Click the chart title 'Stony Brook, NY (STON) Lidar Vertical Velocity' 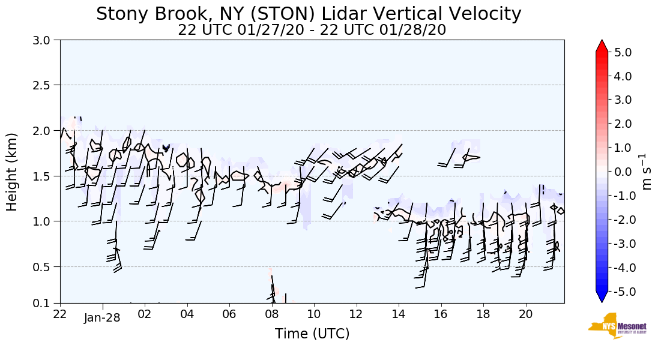point(309,14)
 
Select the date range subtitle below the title point(312,30)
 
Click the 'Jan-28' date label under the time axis point(102,318)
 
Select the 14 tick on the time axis point(399,314)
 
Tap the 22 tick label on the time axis point(60,314)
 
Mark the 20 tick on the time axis point(526,314)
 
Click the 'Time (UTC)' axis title point(312,334)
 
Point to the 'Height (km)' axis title point(13,172)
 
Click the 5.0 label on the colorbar point(623,52)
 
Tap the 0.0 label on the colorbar point(623,172)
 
